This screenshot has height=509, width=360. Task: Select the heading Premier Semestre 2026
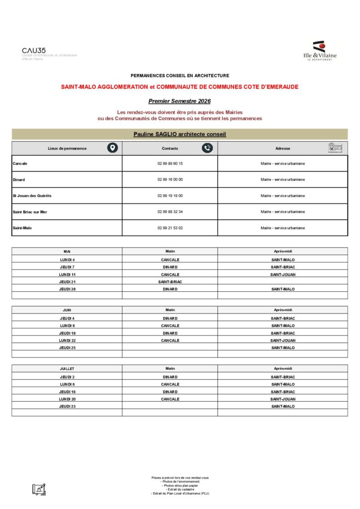pyautogui.click(x=180, y=101)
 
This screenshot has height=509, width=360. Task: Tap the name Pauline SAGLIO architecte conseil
pyautogui.click(x=180, y=134)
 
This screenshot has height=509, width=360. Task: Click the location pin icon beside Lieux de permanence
pyautogui.click(x=113, y=148)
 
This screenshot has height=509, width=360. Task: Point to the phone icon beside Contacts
pyautogui.click(x=207, y=148)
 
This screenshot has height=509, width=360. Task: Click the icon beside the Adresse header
pyautogui.click(x=335, y=148)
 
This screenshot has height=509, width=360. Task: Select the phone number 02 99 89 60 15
pyautogui.click(x=170, y=164)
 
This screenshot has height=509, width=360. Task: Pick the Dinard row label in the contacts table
pyautogui.click(x=19, y=179)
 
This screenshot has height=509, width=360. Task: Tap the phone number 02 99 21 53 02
pyautogui.click(x=170, y=228)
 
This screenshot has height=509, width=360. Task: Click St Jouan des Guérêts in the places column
pyautogui.click(x=32, y=196)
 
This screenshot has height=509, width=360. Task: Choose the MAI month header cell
pyautogui.click(x=67, y=252)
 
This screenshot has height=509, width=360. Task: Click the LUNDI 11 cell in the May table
pyautogui.click(x=67, y=274)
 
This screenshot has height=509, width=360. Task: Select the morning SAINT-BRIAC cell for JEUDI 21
pyautogui.click(x=170, y=282)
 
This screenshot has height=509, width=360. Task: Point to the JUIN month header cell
pyautogui.click(x=67, y=310)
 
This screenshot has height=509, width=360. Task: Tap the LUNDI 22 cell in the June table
pyautogui.click(x=67, y=340)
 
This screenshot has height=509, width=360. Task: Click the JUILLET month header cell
pyautogui.click(x=67, y=369)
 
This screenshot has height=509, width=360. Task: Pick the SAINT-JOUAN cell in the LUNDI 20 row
pyautogui.click(x=282, y=399)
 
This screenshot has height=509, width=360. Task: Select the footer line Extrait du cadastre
pyautogui.click(x=180, y=489)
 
